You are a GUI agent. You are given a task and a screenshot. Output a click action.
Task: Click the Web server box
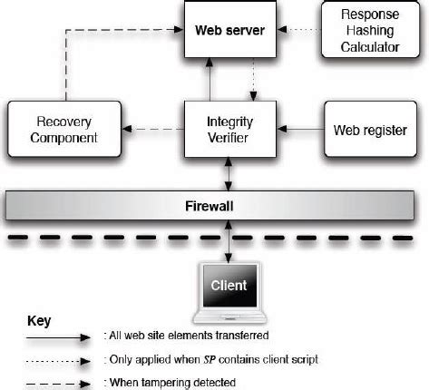[x=229, y=31]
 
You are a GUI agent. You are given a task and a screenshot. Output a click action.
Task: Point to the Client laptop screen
[x=229, y=286]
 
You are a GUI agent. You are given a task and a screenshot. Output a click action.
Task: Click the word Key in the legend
[x=40, y=321]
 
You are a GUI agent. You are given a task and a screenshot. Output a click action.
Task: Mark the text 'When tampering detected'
[x=173, y=382]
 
